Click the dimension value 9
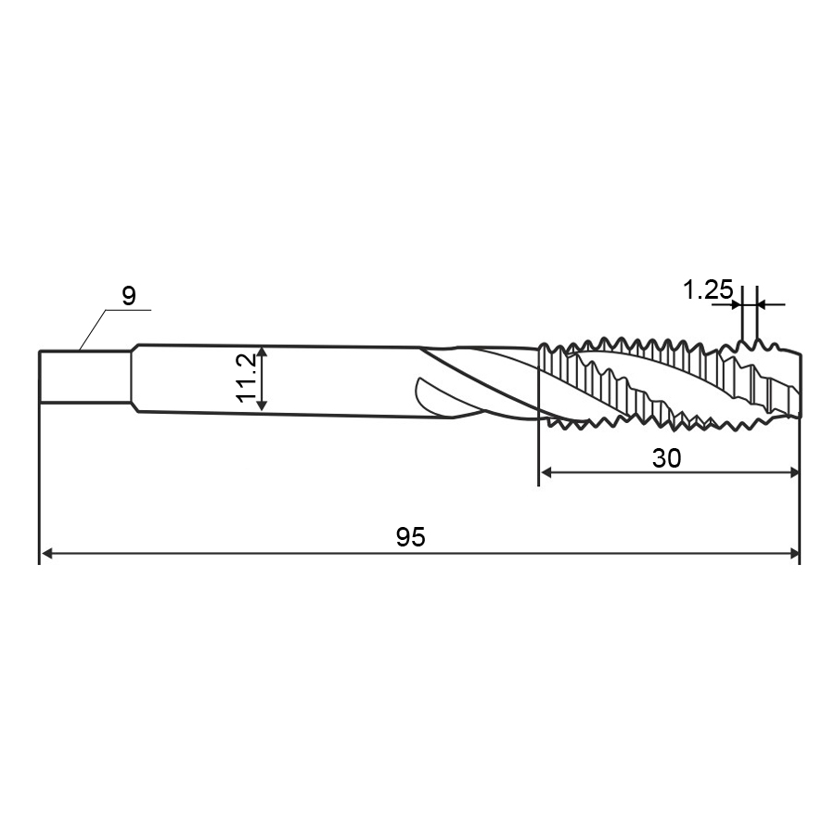click(129, 296)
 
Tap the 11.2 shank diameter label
click(247, 379)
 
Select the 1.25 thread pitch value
click(708, 290)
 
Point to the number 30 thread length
click(666, 458)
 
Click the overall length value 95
click(411, 537)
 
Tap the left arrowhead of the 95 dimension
click(47, 554)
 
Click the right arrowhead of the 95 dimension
click(793, 554)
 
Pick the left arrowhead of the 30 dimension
click(546, 472)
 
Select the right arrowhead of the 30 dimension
click(793, 472)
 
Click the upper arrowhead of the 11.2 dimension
click(262, 352)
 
